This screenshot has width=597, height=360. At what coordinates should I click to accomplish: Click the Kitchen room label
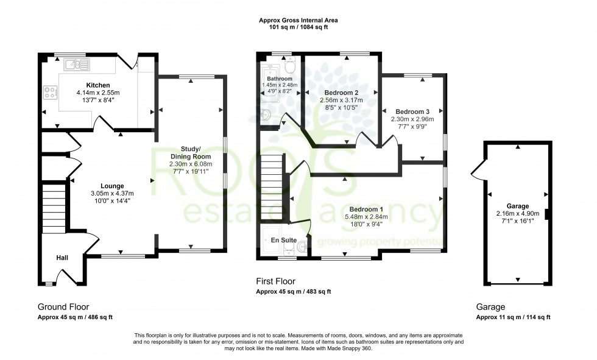(x=98, y=85)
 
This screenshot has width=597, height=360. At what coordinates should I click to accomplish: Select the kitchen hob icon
(x=49, y=94)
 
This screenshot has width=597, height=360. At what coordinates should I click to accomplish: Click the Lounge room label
(x=113, y=186)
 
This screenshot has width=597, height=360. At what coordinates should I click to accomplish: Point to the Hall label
(x=62, y=258)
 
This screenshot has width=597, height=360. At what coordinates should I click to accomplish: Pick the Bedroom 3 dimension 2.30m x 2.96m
(x=412, y=119)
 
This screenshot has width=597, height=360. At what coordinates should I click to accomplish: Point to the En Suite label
(x=284, y=241)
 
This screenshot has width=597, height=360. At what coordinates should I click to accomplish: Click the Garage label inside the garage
(x=517, y=206)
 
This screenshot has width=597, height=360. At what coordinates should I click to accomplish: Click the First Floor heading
(x=276, y=281)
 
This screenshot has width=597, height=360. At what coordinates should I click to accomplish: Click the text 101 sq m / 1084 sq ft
(x=298, y=27)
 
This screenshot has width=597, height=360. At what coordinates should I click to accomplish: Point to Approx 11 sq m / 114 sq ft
(x=513, y=317)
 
